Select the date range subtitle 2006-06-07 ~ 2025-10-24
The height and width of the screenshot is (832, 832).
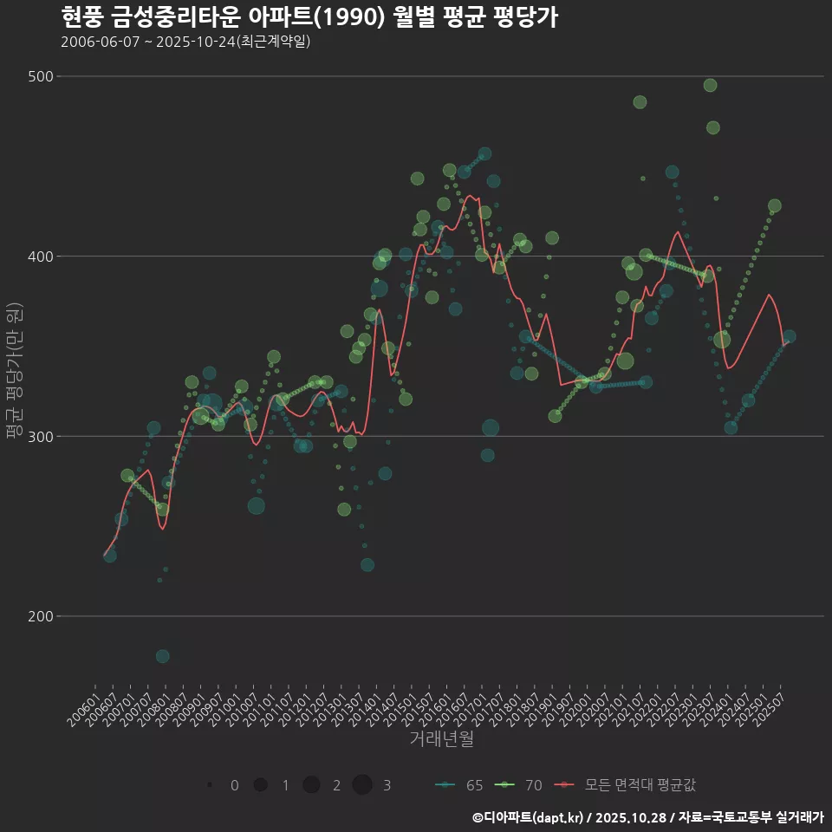(185, 42)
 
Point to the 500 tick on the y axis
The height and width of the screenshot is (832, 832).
(41, 76)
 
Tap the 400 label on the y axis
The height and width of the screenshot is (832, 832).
(41, 257)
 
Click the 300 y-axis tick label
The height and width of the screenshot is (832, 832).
(41, 436)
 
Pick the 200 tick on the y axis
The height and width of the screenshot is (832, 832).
(41, 616)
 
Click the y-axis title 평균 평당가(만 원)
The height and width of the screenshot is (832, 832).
(13, 373)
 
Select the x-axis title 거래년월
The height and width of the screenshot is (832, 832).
(441, 739)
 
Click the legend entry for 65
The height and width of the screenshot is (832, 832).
(459, 785)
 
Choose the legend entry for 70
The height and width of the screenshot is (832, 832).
(519, 785)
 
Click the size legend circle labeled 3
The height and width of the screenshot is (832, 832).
(362, 785)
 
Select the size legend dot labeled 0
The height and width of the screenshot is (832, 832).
(211, 785)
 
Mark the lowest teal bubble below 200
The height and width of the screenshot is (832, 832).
(163, 656)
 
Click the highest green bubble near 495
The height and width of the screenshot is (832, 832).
(710, 85)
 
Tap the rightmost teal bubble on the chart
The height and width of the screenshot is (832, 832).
(789, 336)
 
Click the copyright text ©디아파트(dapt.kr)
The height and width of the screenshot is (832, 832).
(529, 817)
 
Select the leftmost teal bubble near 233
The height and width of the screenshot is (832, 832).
(110, 556)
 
